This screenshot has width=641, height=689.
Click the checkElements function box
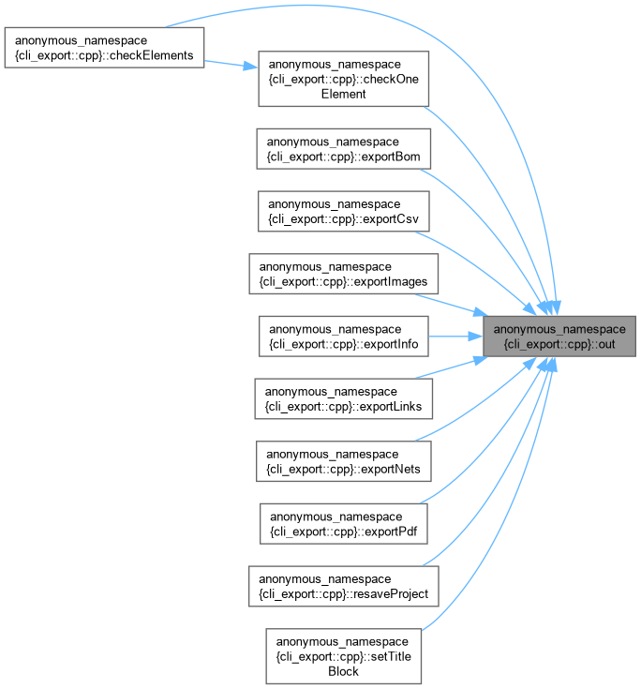(104, 48)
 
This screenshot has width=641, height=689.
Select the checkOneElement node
(344, 79)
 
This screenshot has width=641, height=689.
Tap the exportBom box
(344, 149)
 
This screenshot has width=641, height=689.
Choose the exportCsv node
(344, 211)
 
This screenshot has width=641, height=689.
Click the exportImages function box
(344, 274)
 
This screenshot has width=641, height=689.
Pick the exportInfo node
(344, 337)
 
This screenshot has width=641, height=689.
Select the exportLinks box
(344, 398)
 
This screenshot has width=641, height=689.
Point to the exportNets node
(344, 461)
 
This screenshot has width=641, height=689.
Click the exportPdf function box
(344, 524)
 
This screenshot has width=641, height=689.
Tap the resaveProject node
(344, 586)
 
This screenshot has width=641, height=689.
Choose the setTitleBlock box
(344, 656)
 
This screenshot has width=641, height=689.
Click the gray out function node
(559, 337)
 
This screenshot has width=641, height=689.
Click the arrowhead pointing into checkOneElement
(250, 67)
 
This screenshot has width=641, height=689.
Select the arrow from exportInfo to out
(455, 337)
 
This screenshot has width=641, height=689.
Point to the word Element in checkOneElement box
(344, 94)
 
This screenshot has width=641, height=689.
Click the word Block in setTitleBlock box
(344, 671)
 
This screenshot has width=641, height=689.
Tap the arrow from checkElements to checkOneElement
(231, 64)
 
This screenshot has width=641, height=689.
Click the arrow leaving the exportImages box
(451, 305)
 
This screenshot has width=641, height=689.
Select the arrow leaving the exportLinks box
(451, 367)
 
